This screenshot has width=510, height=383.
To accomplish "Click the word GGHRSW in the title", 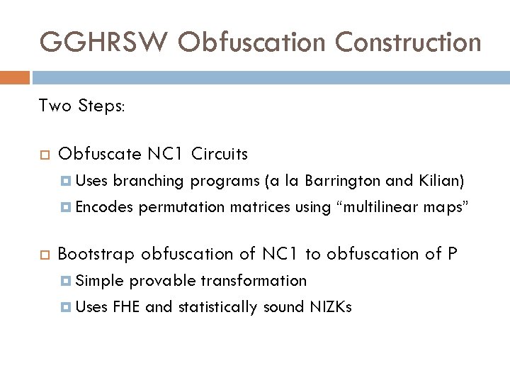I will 103,43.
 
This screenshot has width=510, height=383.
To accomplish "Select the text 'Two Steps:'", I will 81,106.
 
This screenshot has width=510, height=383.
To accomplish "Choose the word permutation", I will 180,208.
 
